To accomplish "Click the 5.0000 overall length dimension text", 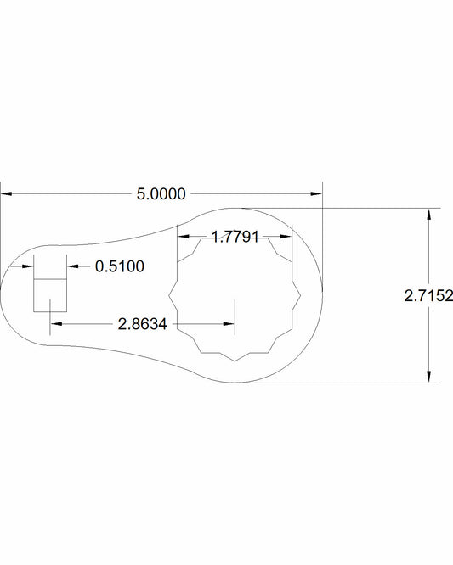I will coord(161,194).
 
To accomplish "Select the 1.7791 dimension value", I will coord(235,237).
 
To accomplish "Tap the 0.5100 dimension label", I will coord(120,266).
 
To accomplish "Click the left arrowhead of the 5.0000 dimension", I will coord(7,194).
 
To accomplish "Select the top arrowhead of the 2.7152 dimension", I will coord(429,215).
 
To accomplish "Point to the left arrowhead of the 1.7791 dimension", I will coord(183,237).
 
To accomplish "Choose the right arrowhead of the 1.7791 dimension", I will coord(286,237).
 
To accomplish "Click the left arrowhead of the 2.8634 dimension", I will coord(56,323).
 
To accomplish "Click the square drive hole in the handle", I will coord(50,295).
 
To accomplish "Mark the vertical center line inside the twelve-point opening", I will coord(235,310).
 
